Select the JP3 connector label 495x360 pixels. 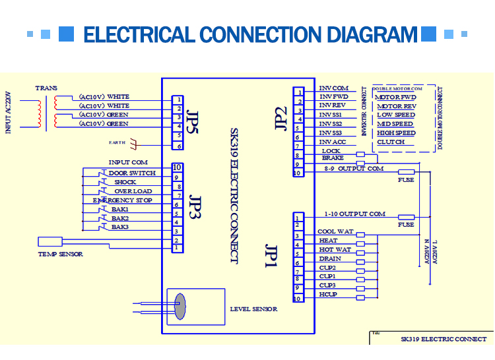pyautogui.click(x=195, y=206)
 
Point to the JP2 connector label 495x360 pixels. pyautogui.click(x=280, y=118)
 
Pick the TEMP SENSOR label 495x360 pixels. pyautogui.click(x=61, y=254)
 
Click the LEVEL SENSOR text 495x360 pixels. pyautogui.click(x=253, y=309)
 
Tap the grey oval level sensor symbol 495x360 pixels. pyautogui.click(x=180, y=306)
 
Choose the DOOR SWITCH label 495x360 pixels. pyautogui.click(x=132, y=173)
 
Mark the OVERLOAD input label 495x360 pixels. pyautogui.click(x=133, y=191)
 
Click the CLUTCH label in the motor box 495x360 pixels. pyautogui.click(x=391, y=142)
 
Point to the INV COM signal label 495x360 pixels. pyautogui.click(x=333, y=88)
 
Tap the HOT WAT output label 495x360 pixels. pyautogui.click(x=335, y=250)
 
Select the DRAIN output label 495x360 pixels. pyautogui.click(x=330, y=259)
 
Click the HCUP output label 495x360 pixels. pyautogui.click(x=328, y=294)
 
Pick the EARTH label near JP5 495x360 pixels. pyautogui.click(x=117, y=142)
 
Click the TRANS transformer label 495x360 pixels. pyautogui.click(x=46, y=88)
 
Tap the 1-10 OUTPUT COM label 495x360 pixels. pyautogui.click(x=355, y=214)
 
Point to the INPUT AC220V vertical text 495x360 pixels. pyautogui.click(x=9, y=112)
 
